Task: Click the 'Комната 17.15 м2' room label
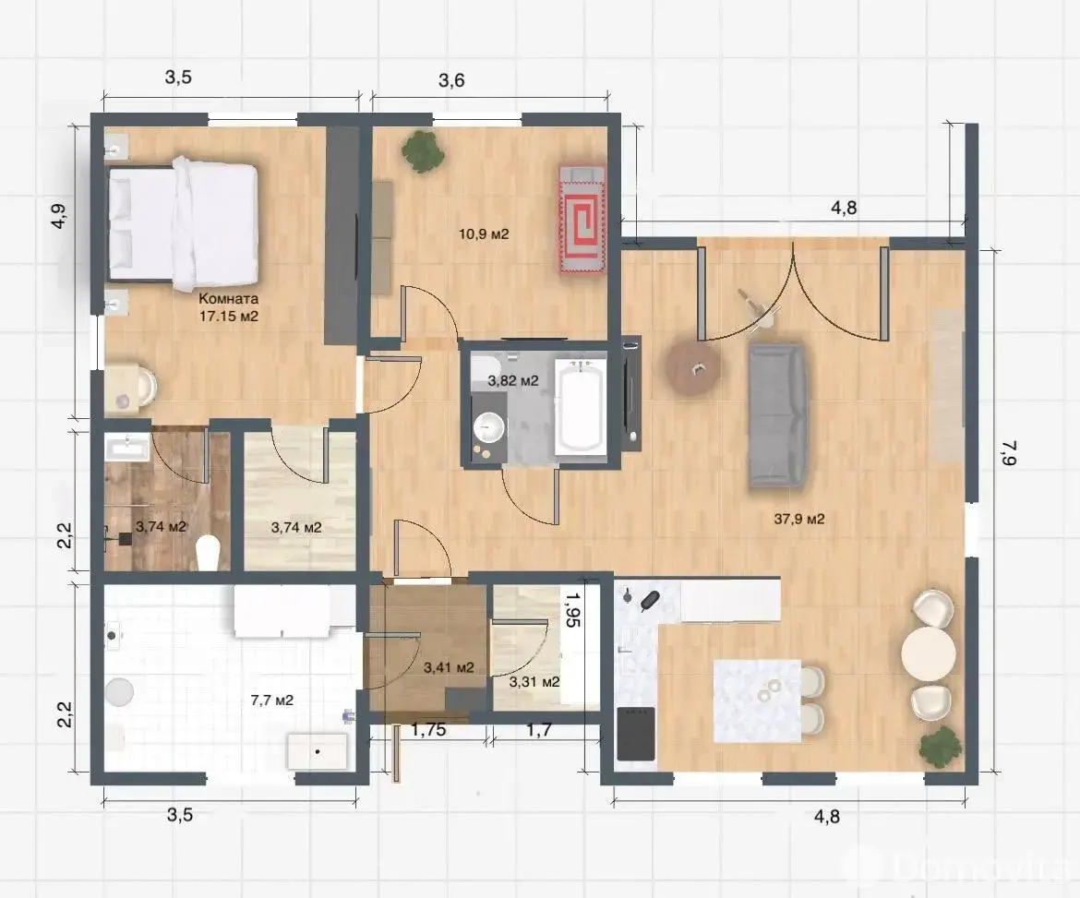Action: coord(229,307)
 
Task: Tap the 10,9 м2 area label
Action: coord(484,234)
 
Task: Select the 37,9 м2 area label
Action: coord(799,519)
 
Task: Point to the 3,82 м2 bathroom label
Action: coord(513,380)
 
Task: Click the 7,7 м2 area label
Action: coord(272,700)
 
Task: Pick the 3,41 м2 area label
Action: coord(449,666)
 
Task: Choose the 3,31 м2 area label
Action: coord(534,682)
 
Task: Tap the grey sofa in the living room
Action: coord(777,416)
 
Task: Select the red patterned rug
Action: coord(582,219)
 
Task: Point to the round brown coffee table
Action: coord(693,368)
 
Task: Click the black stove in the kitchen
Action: coord(636,734)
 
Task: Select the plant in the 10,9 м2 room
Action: coord(422,150)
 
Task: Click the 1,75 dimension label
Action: coord(429,730)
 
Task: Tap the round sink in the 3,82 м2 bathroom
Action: coord(490,427)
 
